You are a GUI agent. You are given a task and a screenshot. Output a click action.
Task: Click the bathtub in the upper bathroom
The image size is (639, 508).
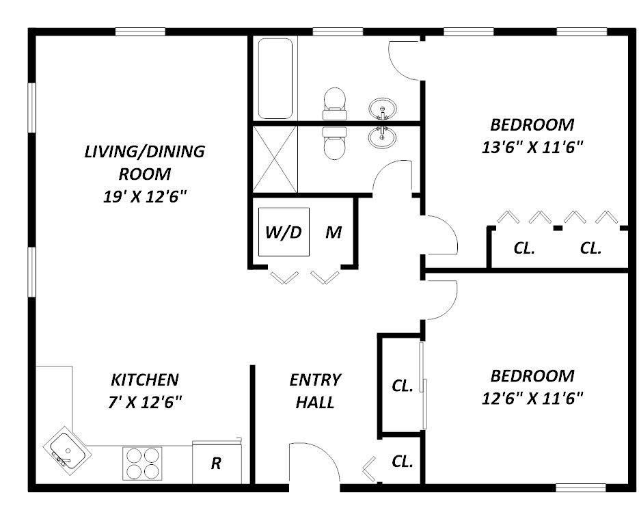click(x=275, y=78)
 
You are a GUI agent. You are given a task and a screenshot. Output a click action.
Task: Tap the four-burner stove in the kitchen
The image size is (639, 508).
click(x=142, y=464)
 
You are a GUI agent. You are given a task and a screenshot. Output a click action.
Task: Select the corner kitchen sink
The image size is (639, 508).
click(x=67, y=451)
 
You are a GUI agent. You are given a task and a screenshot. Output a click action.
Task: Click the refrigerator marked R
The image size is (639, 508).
click(x=217, y=462)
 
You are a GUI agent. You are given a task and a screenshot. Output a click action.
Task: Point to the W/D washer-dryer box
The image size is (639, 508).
click(x=284, y=232)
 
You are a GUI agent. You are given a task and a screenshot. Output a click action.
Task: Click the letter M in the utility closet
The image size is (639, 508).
click(x=334, y=232)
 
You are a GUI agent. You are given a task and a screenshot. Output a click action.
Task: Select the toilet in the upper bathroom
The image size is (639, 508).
click(x=335, y=103)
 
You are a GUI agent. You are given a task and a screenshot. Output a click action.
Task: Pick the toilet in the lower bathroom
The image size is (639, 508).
click(x=335, y=143)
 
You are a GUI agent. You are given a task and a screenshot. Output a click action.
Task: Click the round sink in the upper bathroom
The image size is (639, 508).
click(x=383, y=109)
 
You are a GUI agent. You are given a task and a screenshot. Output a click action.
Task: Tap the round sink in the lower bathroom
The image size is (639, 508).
click(x=382, y=137)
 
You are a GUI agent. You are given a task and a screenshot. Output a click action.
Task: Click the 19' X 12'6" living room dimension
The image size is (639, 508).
click(x=145, y=197)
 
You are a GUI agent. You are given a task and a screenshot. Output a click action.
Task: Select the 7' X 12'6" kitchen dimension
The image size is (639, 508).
click(x=145, y=403)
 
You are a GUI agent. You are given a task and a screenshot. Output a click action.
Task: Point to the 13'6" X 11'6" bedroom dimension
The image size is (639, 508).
click(x=532, y=147)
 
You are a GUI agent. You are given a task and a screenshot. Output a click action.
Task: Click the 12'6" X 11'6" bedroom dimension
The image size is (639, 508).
click(x=532, y=399)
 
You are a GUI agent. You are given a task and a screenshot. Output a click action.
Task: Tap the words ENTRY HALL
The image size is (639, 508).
click(x=315, y=391)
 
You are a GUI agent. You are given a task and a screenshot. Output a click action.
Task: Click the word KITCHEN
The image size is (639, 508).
click(x=145, y=379)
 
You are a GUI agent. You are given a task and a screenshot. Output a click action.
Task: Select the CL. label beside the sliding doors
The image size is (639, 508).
click(x=403, y=386)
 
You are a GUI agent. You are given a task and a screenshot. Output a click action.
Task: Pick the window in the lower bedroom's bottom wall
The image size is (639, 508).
click(x=581, y=487)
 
